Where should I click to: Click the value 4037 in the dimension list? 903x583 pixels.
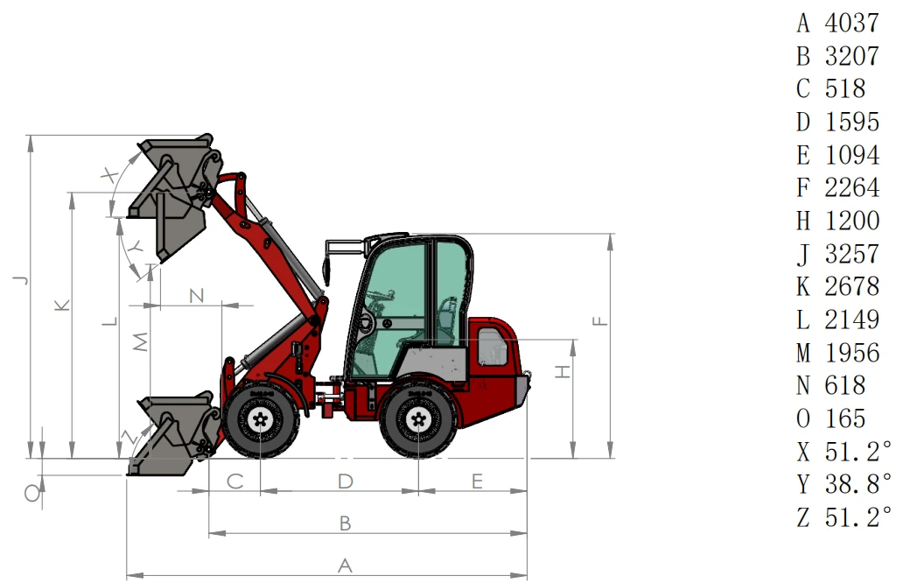(x=851, y=23)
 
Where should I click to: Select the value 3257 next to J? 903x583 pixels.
(x=851, y=254)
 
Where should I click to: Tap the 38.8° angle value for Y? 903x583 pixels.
(x=858, y=484)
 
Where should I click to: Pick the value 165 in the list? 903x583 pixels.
(x=845, y=418)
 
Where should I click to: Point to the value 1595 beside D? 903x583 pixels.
(x=851, y=123)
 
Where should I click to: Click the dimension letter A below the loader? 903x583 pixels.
(x=345, y=565)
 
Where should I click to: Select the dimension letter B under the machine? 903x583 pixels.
(x=345, y=523)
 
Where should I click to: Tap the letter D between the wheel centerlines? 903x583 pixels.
(x=345, y=481)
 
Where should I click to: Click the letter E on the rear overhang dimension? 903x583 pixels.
(x=477, y=481)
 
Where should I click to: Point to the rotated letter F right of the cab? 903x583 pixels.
(x=600, y=321)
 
